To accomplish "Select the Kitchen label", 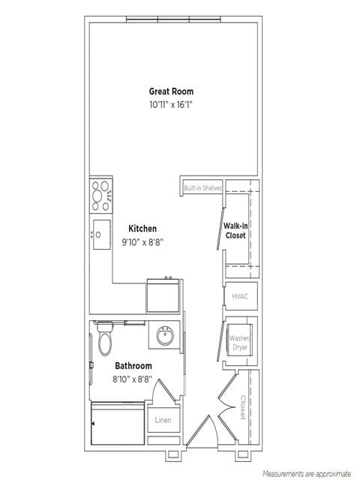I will [142, 228].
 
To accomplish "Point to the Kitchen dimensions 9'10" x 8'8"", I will [142, 241].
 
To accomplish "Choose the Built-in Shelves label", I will [202, 187].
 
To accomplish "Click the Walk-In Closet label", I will [235, 230].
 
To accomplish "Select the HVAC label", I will [240, 296].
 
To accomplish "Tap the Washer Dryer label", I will [240, 343].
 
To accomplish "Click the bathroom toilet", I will [104, 339].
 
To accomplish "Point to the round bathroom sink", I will [165, 336].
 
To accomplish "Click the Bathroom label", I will [133, 366].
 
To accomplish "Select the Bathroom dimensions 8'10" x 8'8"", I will [133, 379].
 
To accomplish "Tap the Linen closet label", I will [163, 420].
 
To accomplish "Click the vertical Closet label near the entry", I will [243, 407].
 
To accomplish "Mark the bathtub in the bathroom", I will [118, 424].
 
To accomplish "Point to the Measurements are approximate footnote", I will [307, 474].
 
